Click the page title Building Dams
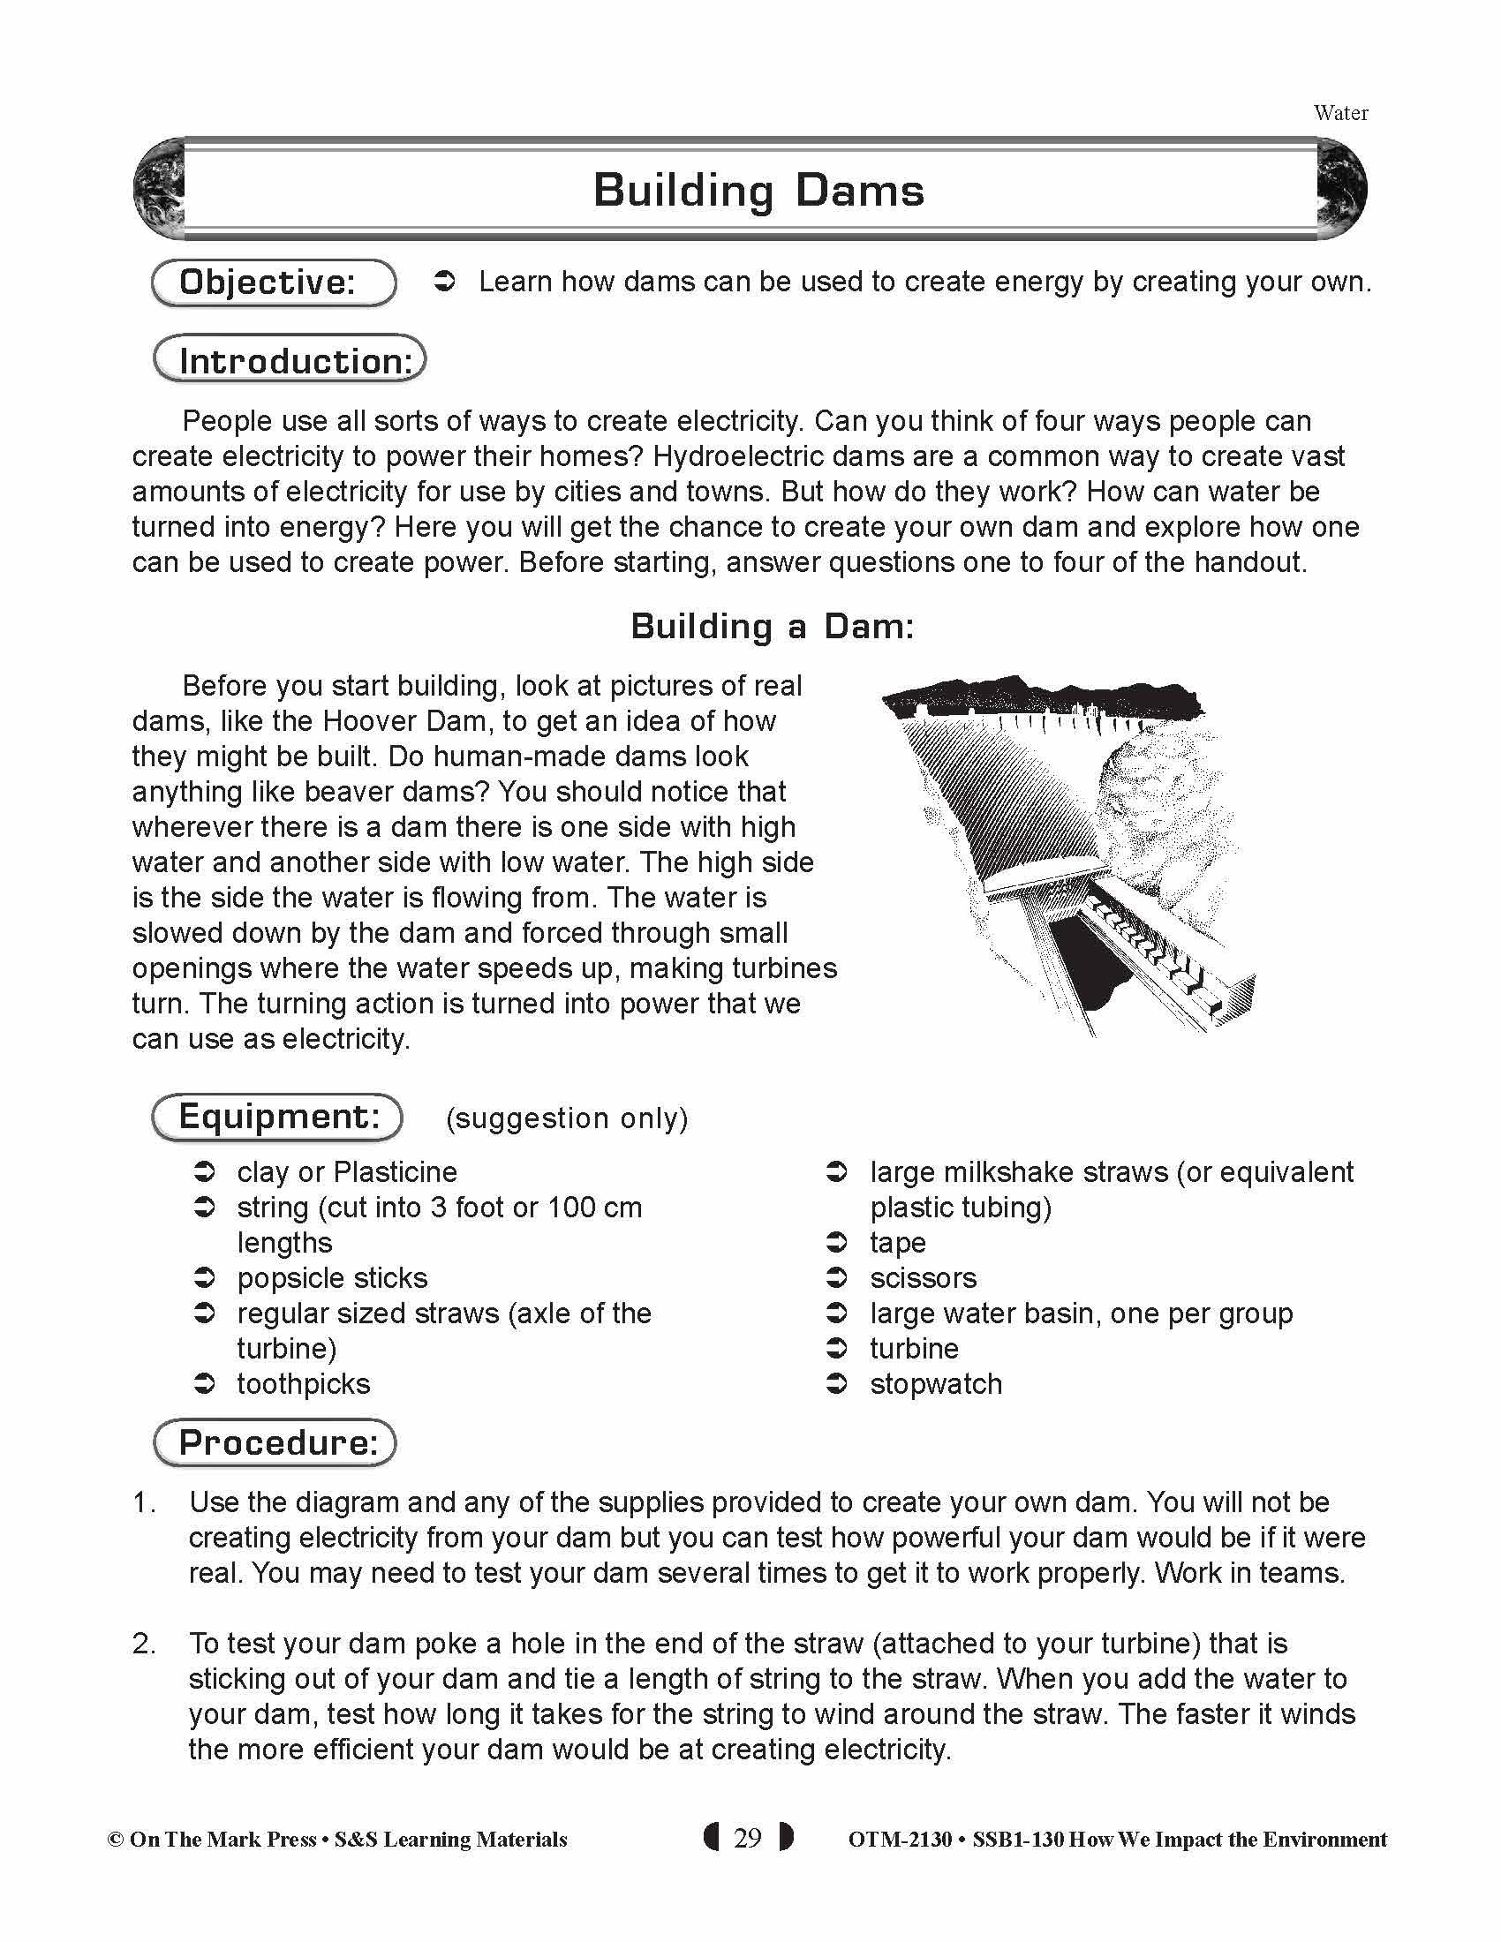click(758, 191)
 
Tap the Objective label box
click(274, 282)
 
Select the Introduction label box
click(290, 359)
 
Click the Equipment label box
click(277, 1117)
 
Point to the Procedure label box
click(275, 1442)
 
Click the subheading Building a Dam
click(772, 627)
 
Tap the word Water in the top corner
click(1340, 113)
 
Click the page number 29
click(748, 1838)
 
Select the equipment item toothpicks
click(303, 1384)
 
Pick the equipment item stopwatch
click(935, 1384)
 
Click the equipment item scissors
click(923, 1279)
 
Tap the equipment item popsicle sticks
click(332, 1279)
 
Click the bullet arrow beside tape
click(837, 1242)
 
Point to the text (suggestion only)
click(568, 1118)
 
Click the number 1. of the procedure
click(144, 1502)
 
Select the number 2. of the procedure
click(144, 1645)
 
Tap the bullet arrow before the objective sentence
click(445, 282)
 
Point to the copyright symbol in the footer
click(116, 1840)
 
